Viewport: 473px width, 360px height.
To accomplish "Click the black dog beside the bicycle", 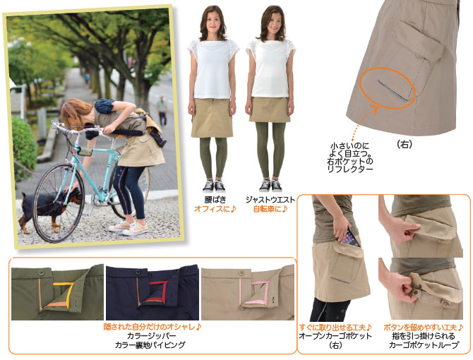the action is tap(48, 208).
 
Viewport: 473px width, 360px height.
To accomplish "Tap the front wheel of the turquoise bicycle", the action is tap(59, 203).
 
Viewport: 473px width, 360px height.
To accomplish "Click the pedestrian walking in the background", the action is tap(162, 111).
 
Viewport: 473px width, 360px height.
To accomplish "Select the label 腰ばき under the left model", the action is tap(215, 200).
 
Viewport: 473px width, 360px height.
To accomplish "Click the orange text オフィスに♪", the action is tap(215, 209).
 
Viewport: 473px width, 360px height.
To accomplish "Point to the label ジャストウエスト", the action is tap(270, 200).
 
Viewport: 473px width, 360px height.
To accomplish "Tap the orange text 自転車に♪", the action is tap(270, 209).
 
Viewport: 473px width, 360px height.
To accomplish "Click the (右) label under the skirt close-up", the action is tap(405, 145).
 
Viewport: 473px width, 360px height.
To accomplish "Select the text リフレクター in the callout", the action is tap(350, 169).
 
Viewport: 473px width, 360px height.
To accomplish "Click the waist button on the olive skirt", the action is tap(41, 273).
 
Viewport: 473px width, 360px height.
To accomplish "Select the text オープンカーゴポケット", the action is tap(335, 336).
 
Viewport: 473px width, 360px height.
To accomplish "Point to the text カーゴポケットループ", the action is tap(424, 345).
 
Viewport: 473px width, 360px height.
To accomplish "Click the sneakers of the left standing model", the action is tap(214, 186).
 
